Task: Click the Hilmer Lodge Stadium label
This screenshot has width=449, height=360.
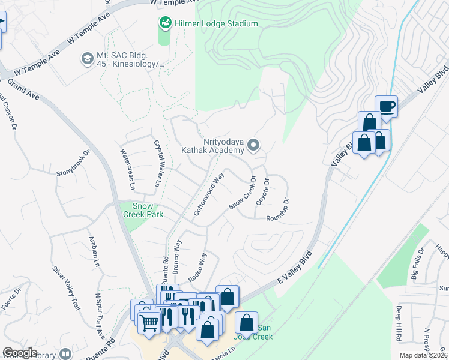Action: (217, 24)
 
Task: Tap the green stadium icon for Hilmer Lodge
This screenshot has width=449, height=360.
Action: (164, 23)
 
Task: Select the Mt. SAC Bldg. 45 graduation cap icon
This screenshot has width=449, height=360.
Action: (86, 59)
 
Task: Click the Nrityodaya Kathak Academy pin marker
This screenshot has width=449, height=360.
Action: (254, 145)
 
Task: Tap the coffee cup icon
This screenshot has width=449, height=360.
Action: (387, 107)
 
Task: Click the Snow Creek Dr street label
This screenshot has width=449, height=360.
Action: (243, 193)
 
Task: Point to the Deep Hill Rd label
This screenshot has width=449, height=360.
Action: (399, 323)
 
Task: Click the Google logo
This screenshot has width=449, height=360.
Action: (20, 352)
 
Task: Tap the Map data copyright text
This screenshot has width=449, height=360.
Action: (423, 355)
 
